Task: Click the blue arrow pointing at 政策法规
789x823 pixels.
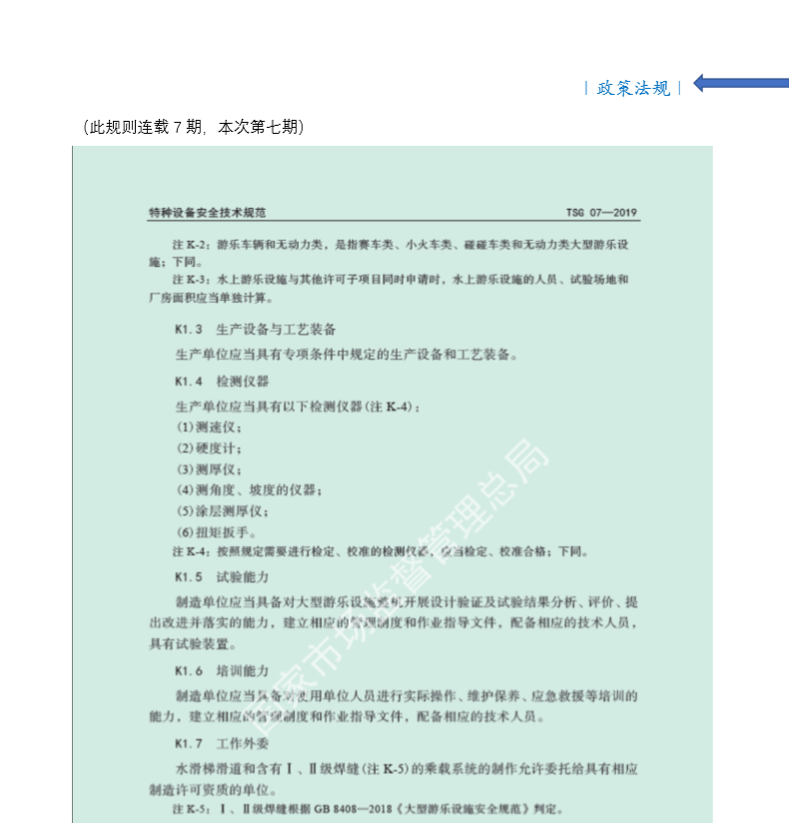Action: (739, 83)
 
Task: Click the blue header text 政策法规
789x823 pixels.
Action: (633, 88)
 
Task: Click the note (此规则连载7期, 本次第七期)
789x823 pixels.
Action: (193, 127)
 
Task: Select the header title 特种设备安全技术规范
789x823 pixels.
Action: (207, 213)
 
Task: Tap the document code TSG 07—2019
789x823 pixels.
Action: (601, 213)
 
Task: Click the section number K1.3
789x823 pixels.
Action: (189, 329)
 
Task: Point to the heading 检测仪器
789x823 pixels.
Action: (236, 381)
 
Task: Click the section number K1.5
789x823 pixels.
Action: (189, 576)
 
